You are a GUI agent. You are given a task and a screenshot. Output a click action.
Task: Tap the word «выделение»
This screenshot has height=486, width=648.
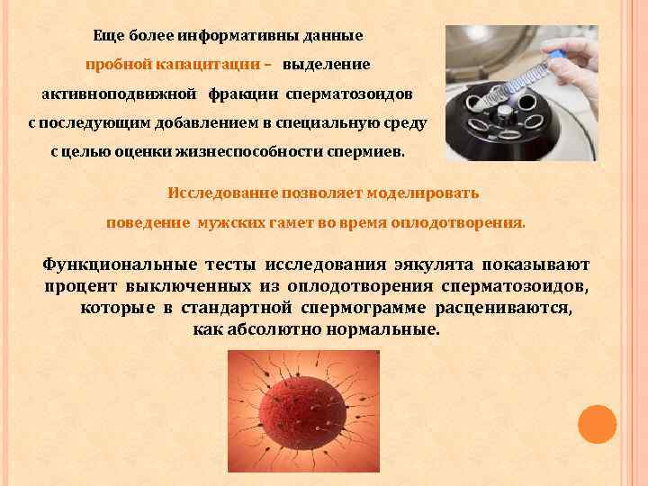pyautogui.click(x=326, y=65)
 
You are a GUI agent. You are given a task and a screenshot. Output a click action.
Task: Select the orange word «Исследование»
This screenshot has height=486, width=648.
pyautogui.click(x=222, y=193)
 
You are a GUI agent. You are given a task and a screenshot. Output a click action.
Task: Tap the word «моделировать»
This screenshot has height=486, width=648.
pyautogui.click(x=425, y=193)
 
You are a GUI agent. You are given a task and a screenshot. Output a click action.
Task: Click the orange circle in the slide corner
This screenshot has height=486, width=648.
pyautogui.click(x=596, y=424)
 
